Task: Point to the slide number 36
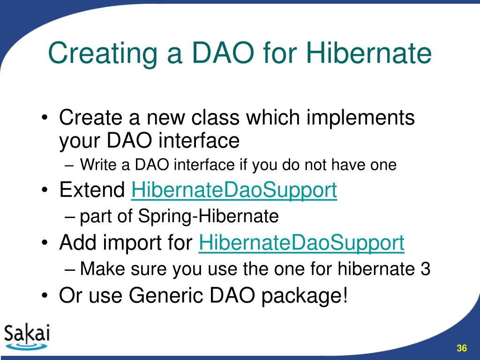tap(462, 348)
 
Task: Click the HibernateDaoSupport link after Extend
tap(234, 190)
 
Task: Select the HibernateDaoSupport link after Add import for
tap(301, 243)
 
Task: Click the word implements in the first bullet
tap(360, 118)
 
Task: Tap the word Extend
tap(92, 190)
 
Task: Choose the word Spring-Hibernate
tap(208, 217)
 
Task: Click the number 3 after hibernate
tap(425, 269)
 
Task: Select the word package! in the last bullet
tap(305, 296)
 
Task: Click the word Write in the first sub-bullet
tap(98, 165)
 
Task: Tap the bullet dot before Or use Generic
tap(45, 296)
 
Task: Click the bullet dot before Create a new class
tap(45, 118)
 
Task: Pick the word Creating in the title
tap(103, 53)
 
